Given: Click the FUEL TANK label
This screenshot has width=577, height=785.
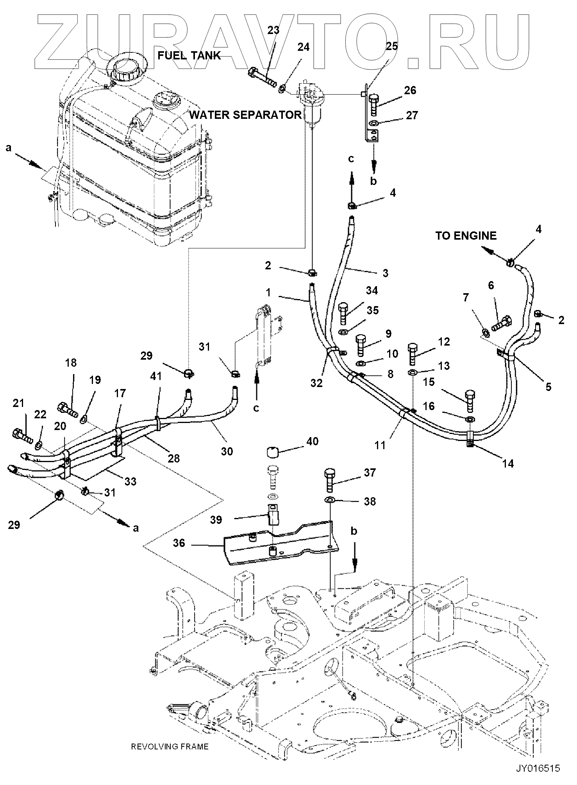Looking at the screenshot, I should pos(189,56).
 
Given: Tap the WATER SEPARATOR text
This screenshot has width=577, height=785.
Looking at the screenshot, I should pos(245,115).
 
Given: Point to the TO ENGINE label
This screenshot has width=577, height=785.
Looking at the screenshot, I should pos(466,236).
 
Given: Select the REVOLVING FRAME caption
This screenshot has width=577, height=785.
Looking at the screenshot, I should pos(170,746).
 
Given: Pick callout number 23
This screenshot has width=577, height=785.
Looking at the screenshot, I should pos(273,30).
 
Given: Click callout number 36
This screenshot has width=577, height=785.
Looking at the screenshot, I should pos(179,543).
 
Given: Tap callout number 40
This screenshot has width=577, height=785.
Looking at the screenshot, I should pos(313,441).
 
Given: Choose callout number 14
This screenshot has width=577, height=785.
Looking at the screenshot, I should pos(508,464).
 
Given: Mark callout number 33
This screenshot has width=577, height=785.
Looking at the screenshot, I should pos(130,481).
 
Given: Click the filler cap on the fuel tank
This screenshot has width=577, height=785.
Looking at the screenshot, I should pos(127,69).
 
